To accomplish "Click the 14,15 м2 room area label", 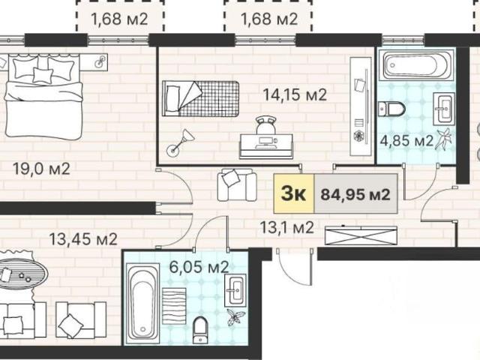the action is pos(295,95).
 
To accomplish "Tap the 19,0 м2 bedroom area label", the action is pos(41,169).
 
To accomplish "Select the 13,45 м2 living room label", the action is pos(83,239).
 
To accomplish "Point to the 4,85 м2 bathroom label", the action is pos(406,141).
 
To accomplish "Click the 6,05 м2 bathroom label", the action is pos(199,267).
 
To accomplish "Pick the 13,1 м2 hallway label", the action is pos(286,227).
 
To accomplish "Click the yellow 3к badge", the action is pos(294,193).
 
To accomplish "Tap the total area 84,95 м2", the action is pos(355,194).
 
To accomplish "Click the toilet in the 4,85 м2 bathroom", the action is pos(391,109).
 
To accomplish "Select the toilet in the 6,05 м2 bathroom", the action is pos(200,330).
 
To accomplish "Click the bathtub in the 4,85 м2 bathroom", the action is pos(415,65).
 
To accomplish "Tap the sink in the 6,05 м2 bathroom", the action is pos(235,290).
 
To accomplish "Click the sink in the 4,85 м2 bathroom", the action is pos(442,109).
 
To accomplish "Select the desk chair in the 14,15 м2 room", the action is pos(266,125).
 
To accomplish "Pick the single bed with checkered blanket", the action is pos(200,98).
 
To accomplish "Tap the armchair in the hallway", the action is pos(237,184).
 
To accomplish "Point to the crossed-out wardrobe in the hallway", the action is pos(361,235).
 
